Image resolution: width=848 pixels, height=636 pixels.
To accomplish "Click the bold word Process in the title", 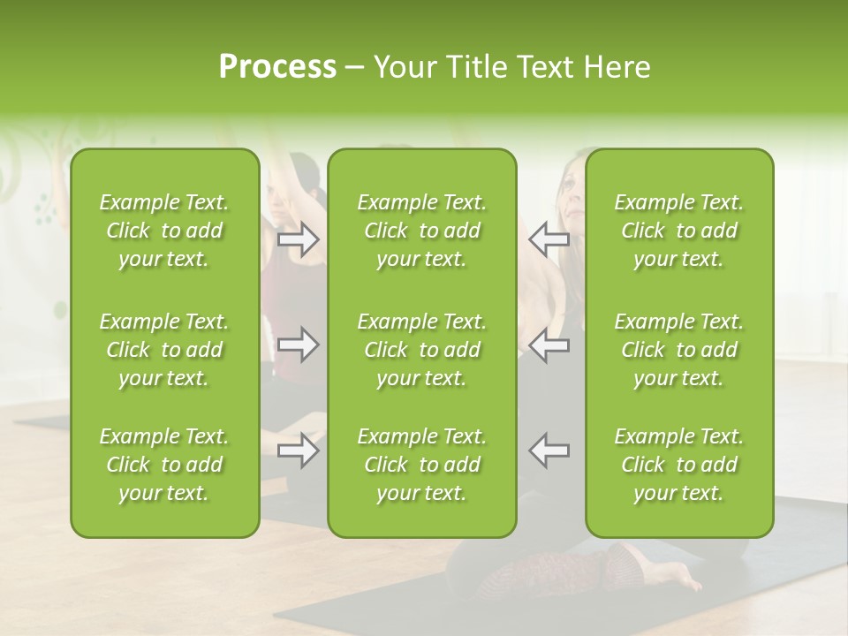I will [276, 67].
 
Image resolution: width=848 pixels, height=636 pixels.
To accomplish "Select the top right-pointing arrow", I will [298, 238].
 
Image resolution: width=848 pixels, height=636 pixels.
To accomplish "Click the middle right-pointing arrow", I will [298, 344].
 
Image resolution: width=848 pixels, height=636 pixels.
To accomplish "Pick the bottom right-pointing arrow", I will [298, 450].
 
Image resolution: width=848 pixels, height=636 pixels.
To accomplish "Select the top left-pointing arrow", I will [549, 238].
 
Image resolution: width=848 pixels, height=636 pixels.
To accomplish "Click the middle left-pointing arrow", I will [549, 344].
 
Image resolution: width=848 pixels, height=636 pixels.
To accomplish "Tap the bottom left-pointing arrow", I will [549, 450].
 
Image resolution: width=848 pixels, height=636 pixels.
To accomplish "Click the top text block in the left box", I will [164, 231].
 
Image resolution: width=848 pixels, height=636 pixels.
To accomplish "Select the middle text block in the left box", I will [164, 350].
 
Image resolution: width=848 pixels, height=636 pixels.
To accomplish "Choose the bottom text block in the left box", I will [164, 465].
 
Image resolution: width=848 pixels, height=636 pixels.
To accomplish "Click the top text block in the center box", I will [421, 231].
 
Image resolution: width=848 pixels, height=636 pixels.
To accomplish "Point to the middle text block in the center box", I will [421, 350].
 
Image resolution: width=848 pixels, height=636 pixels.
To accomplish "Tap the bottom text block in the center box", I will [421, 465].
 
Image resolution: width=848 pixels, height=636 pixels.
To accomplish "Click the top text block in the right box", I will [678, 231].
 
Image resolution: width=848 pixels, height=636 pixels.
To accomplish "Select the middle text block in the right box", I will [678, 350].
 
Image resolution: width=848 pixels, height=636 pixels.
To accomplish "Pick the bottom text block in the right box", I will [678, 465].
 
